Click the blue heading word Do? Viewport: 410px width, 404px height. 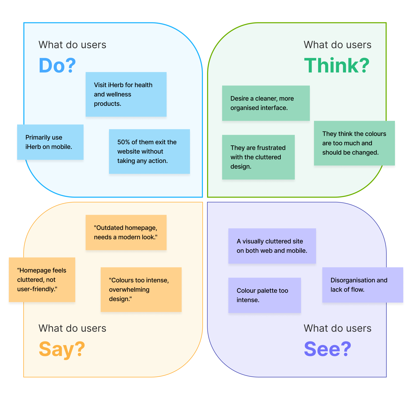[57, 65]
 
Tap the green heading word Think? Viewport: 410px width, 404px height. [337, 65]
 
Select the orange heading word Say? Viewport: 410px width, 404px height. [62, 349]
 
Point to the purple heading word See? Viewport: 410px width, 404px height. [327, 349]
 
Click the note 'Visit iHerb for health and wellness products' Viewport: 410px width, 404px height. [126, 94]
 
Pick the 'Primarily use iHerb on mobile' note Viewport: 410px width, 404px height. [50, 142]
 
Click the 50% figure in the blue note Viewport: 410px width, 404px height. [123, 142]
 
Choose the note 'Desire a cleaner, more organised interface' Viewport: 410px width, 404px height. [266, 103]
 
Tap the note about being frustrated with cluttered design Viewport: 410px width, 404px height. [258, 157]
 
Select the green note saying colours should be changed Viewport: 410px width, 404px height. [354, 143]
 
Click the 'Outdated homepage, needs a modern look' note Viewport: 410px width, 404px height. [126, 232]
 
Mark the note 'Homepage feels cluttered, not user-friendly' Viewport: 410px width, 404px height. [42, 280]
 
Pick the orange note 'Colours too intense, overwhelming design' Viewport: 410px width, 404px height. [141, 289]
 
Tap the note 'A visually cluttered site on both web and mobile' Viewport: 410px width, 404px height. [272, 246]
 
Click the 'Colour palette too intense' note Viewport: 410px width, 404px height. [264, 295]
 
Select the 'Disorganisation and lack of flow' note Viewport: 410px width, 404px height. [363, 285]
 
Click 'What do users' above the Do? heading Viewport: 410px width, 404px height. [72, 45]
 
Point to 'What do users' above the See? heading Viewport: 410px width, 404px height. [337, 328]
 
